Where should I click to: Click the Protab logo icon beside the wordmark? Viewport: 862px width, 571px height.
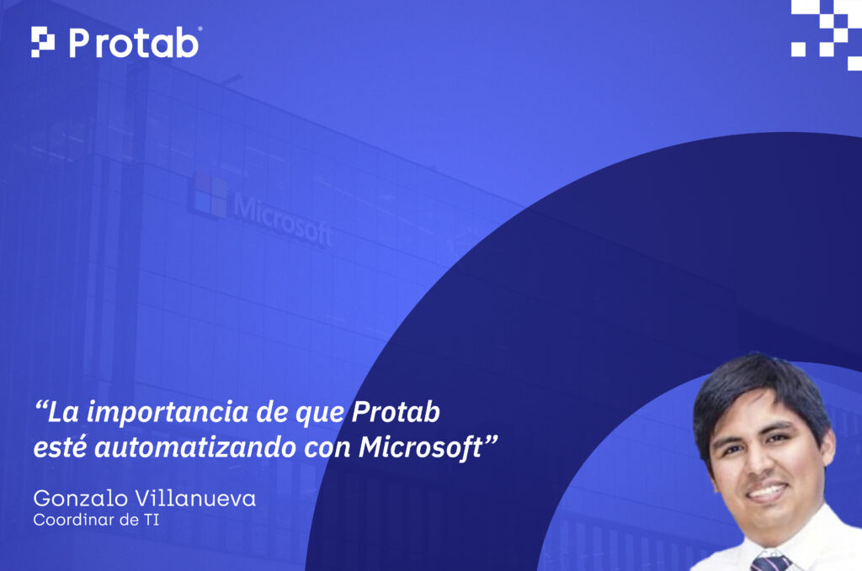(43, 42)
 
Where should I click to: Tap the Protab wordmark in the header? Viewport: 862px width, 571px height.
(134, 42)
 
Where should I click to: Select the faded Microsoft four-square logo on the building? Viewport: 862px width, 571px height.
(208, 196)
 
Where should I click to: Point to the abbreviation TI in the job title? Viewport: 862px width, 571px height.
(151, 520)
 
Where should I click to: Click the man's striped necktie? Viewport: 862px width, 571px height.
(770, 562)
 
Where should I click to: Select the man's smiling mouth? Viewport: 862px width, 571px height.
(767, 491)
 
